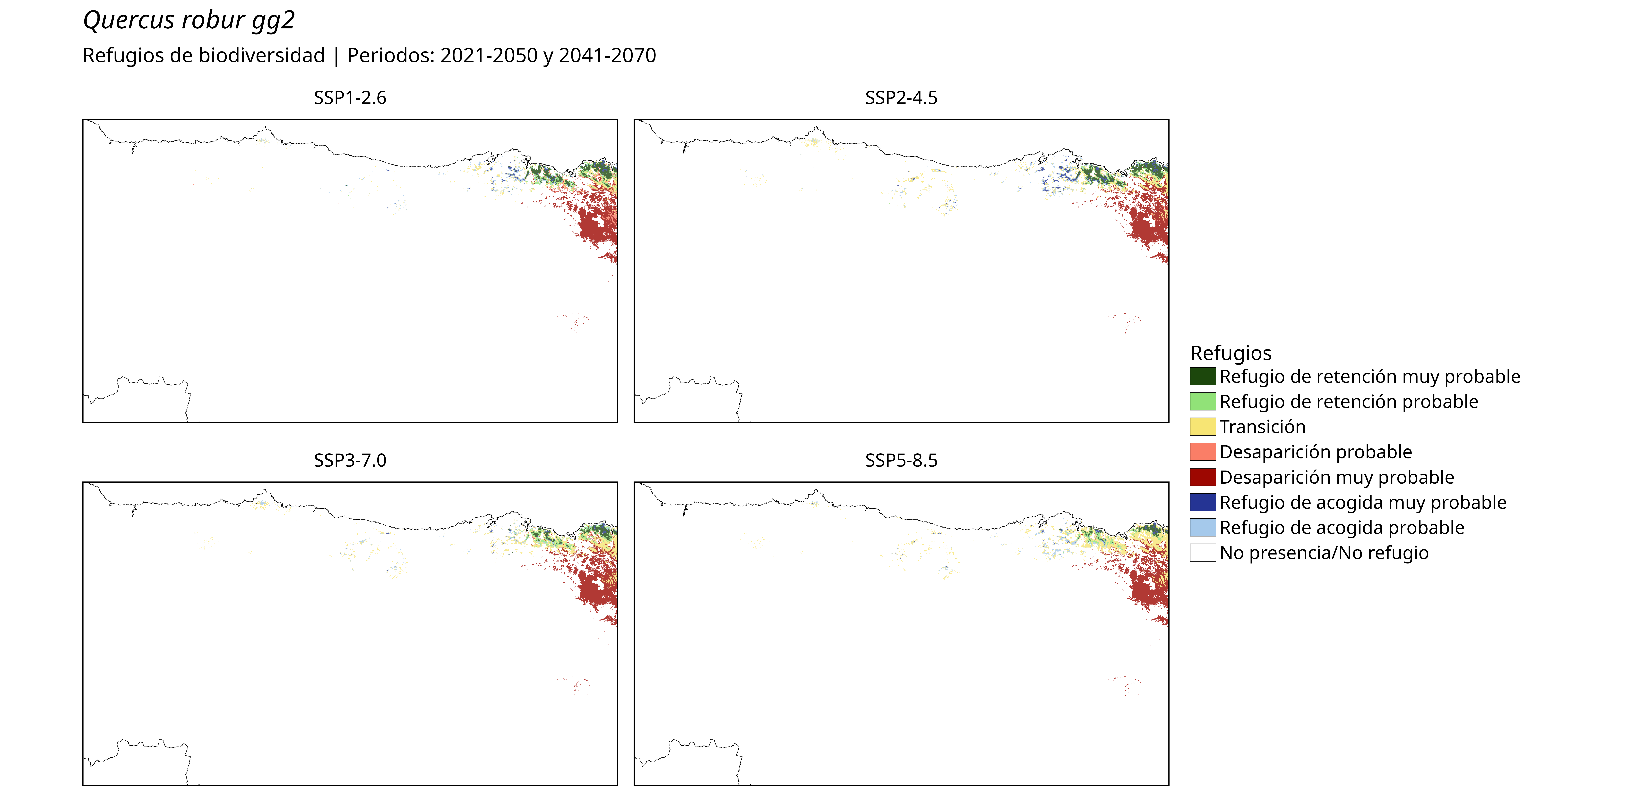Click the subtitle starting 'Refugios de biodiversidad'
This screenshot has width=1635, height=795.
369,56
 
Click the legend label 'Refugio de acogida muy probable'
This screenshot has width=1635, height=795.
1363,503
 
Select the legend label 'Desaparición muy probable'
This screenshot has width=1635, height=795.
1337,477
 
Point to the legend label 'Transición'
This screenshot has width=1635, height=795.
1262,427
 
